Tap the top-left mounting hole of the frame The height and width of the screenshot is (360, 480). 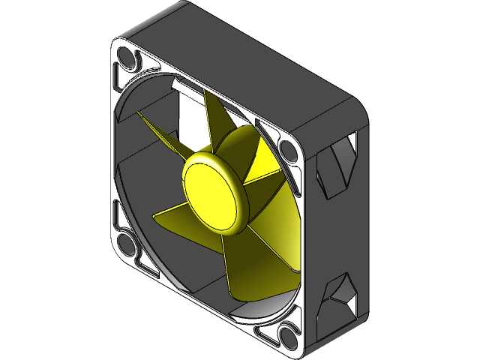(x=126, y=58)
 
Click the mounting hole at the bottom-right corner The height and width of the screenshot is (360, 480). (x=289, y=335)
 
